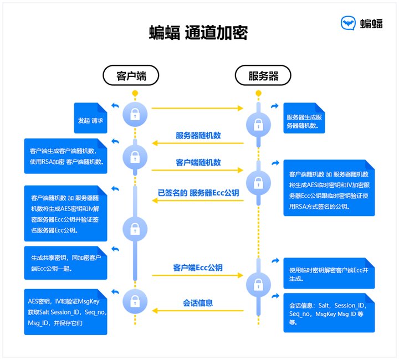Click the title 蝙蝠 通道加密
(198, 33)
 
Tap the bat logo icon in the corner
(348, 23)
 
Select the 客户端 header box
(131, 75)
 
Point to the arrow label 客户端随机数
(198, 162)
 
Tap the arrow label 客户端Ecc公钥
(198, 268)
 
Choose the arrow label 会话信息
(198, 303)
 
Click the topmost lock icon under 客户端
(135, 115)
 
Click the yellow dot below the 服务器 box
(258, 93)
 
